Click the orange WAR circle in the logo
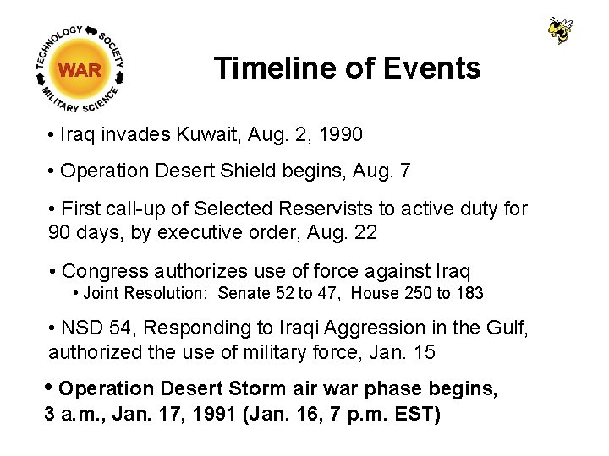tap(80, 70)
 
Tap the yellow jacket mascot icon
tap(559, 30)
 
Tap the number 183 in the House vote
tap(469, 294)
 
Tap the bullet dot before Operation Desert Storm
tap(49, 388)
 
